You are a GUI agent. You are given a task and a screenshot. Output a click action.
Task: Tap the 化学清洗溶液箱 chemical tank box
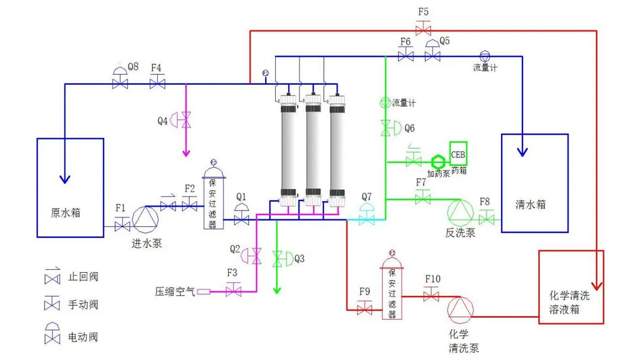click(x=570, y=287)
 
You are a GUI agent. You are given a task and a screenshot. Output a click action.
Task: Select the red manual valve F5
click(x=423, y=28)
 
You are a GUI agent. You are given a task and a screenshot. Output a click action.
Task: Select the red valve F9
click(x=364, y=308)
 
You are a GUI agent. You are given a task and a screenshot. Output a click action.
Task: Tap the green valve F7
click(x=423, y=197)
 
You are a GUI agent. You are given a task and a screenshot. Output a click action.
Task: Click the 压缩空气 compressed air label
click(x=175, y=291)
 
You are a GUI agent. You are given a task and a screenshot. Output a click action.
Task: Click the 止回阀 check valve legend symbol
click(x=52, y=277)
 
